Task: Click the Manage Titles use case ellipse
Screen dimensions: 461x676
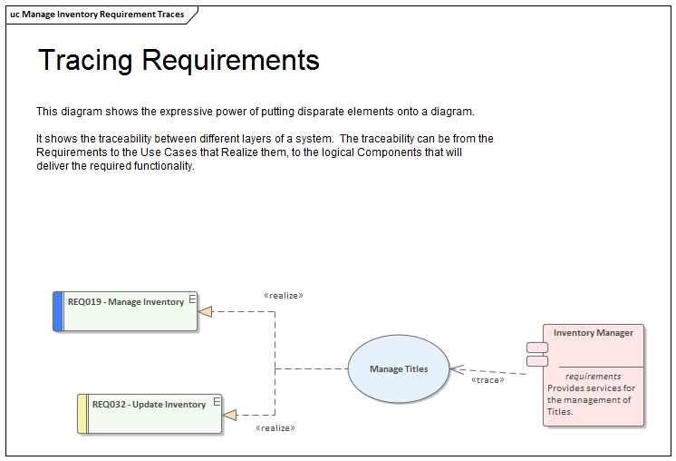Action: [x=399, y=368]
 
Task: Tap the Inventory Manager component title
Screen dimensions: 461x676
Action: [x=594, y=333]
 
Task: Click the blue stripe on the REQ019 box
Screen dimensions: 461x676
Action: [x=58, y=311]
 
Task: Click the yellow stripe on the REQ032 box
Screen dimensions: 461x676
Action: [x=82, y=414]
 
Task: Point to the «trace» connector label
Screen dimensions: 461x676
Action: [x=488, y=380]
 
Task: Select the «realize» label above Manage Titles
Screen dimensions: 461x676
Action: [x=283, y=295]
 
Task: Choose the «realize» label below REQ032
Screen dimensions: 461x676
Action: [x=275, y=427]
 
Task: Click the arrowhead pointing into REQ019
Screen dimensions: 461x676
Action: [x=205, y=311]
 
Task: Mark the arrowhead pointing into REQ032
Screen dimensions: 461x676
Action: [x=229, y=415]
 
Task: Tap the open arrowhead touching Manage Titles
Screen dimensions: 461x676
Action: [x=457, y=368]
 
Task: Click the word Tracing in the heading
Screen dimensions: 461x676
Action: [x=85, y=60]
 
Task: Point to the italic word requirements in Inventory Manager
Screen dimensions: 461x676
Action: [x=594, y=376]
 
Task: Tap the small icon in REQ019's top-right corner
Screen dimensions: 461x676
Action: [x=192, y=298]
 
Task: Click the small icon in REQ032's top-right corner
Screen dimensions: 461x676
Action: [x=217, y=400]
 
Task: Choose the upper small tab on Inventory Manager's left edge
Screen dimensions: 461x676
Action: [x=536, y=347]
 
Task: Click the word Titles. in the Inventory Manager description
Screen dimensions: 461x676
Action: [x=560, y=411]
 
